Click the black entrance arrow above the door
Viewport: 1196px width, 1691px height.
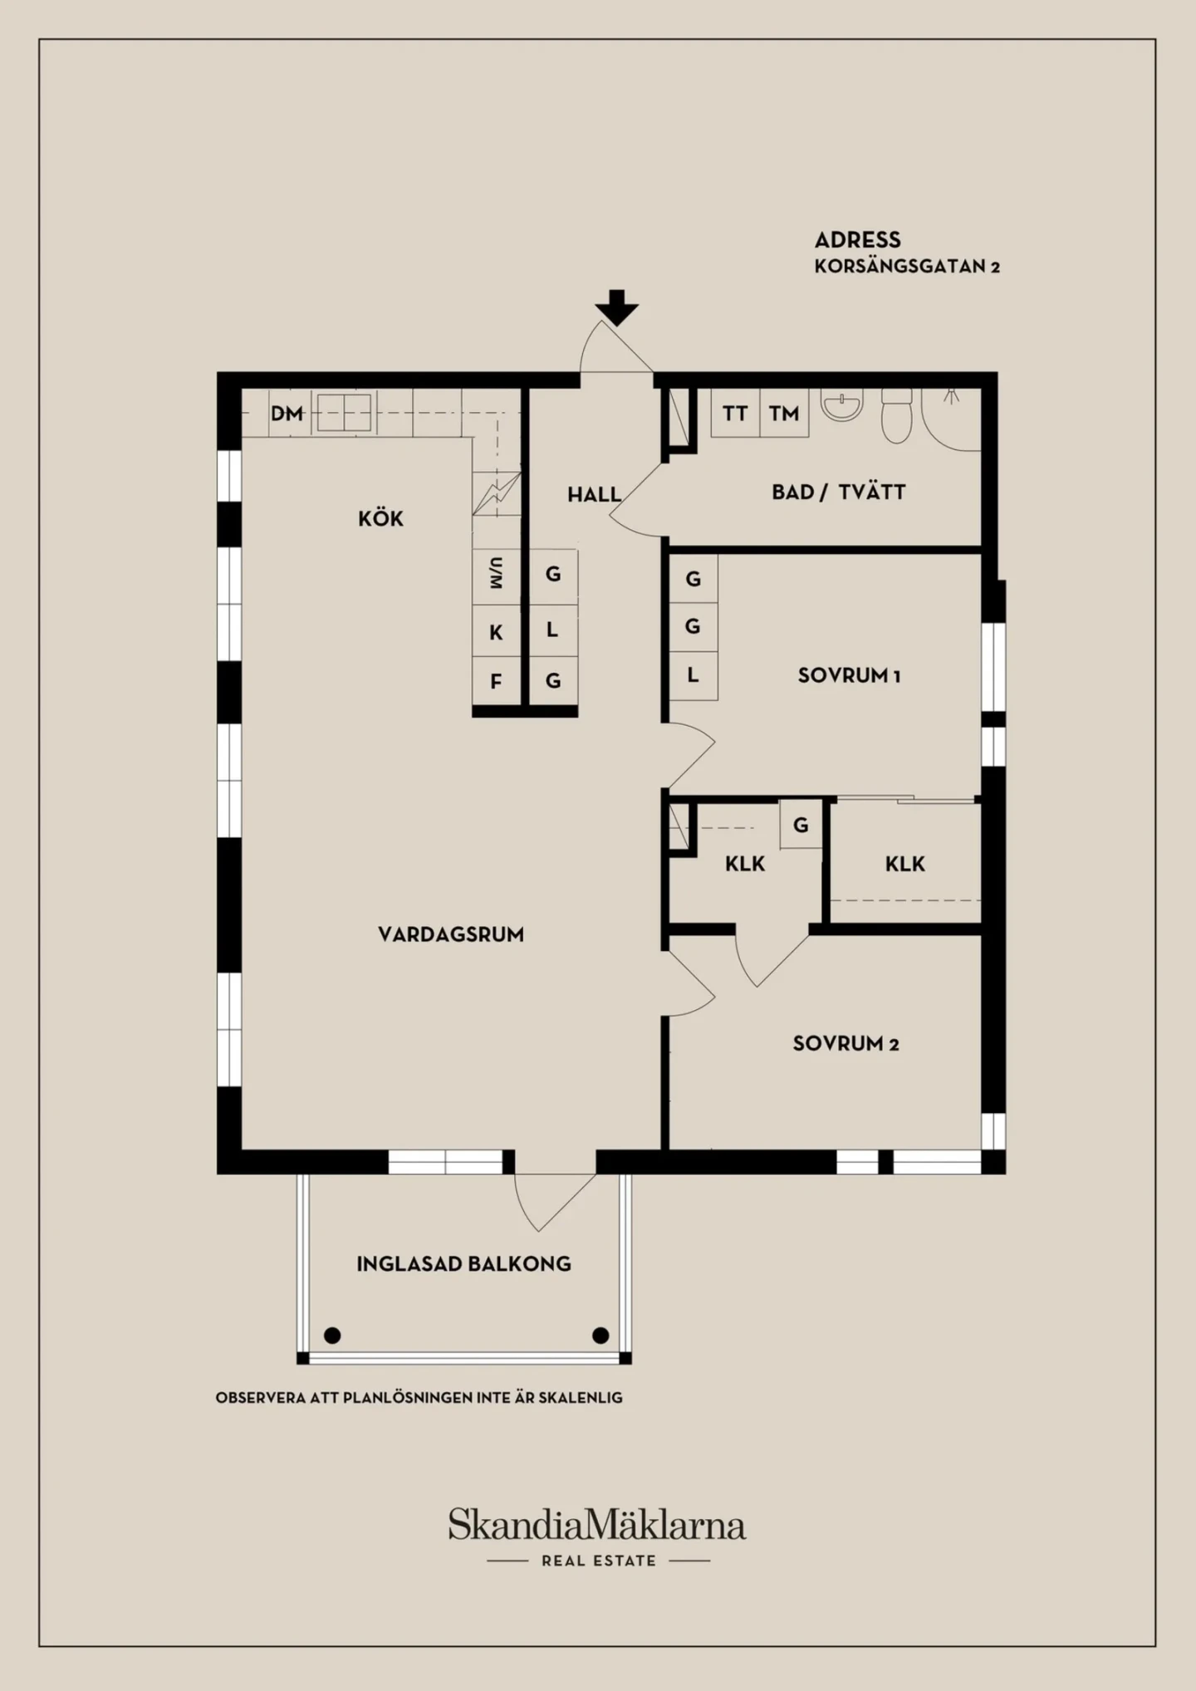pos(617,307)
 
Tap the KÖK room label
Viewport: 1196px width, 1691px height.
pos(380,518)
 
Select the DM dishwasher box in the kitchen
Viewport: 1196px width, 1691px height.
pos(287,413)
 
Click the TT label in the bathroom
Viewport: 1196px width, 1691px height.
pos(735,413)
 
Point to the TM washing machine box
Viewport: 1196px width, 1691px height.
pos(784,413)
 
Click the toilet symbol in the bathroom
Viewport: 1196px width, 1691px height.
pos(896,415)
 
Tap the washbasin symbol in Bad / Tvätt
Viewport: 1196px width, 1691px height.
pos(841,404)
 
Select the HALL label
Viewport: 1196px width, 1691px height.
pos(595,494)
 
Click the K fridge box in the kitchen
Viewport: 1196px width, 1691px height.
pos(497,632)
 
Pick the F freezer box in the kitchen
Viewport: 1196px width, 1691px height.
pos(497,681)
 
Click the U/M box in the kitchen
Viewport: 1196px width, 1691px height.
pos(497,574)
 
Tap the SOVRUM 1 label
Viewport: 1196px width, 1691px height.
pos(849,675)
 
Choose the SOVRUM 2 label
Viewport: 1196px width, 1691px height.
pos(846,1043)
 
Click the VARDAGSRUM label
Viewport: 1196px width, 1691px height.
pos(451,934)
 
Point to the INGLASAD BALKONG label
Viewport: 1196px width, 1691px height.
pos(463,1264)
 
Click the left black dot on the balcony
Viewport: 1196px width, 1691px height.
pos(332,1336)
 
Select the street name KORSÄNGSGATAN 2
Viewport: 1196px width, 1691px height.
pos(907,267)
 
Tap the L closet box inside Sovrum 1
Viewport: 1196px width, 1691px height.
pos(694,675)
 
